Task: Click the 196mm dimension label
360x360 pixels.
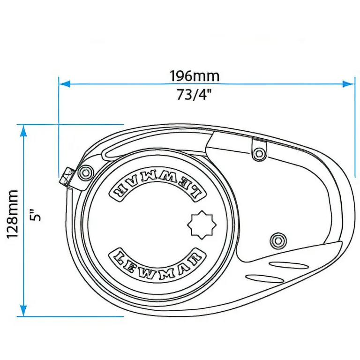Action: tap(194, 75)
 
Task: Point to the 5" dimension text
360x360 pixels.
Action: tap(37, 214)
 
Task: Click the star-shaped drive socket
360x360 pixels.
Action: tap(203, 225)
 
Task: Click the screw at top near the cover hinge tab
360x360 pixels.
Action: tap(258, 153)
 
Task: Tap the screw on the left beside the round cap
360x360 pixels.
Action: tap(85, 172)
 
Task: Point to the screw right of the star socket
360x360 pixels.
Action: tap(277, 240)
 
